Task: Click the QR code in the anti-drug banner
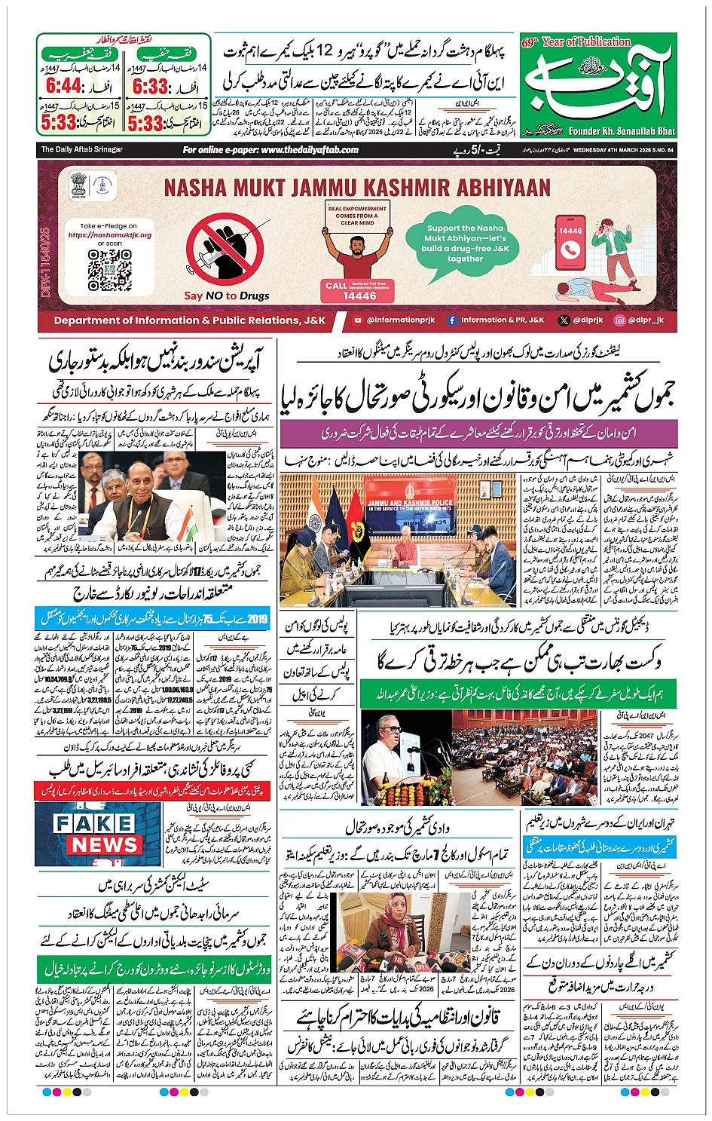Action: click(x=110, y=270)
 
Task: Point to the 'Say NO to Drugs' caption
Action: click(x=226, y=296)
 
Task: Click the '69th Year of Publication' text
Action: click(x=576, y=42)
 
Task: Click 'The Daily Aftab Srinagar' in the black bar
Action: click(x=81, y=150)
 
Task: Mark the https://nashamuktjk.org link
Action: click(x=109, y=234)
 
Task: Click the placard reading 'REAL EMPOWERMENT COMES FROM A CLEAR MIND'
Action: click(x=357, y=216)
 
